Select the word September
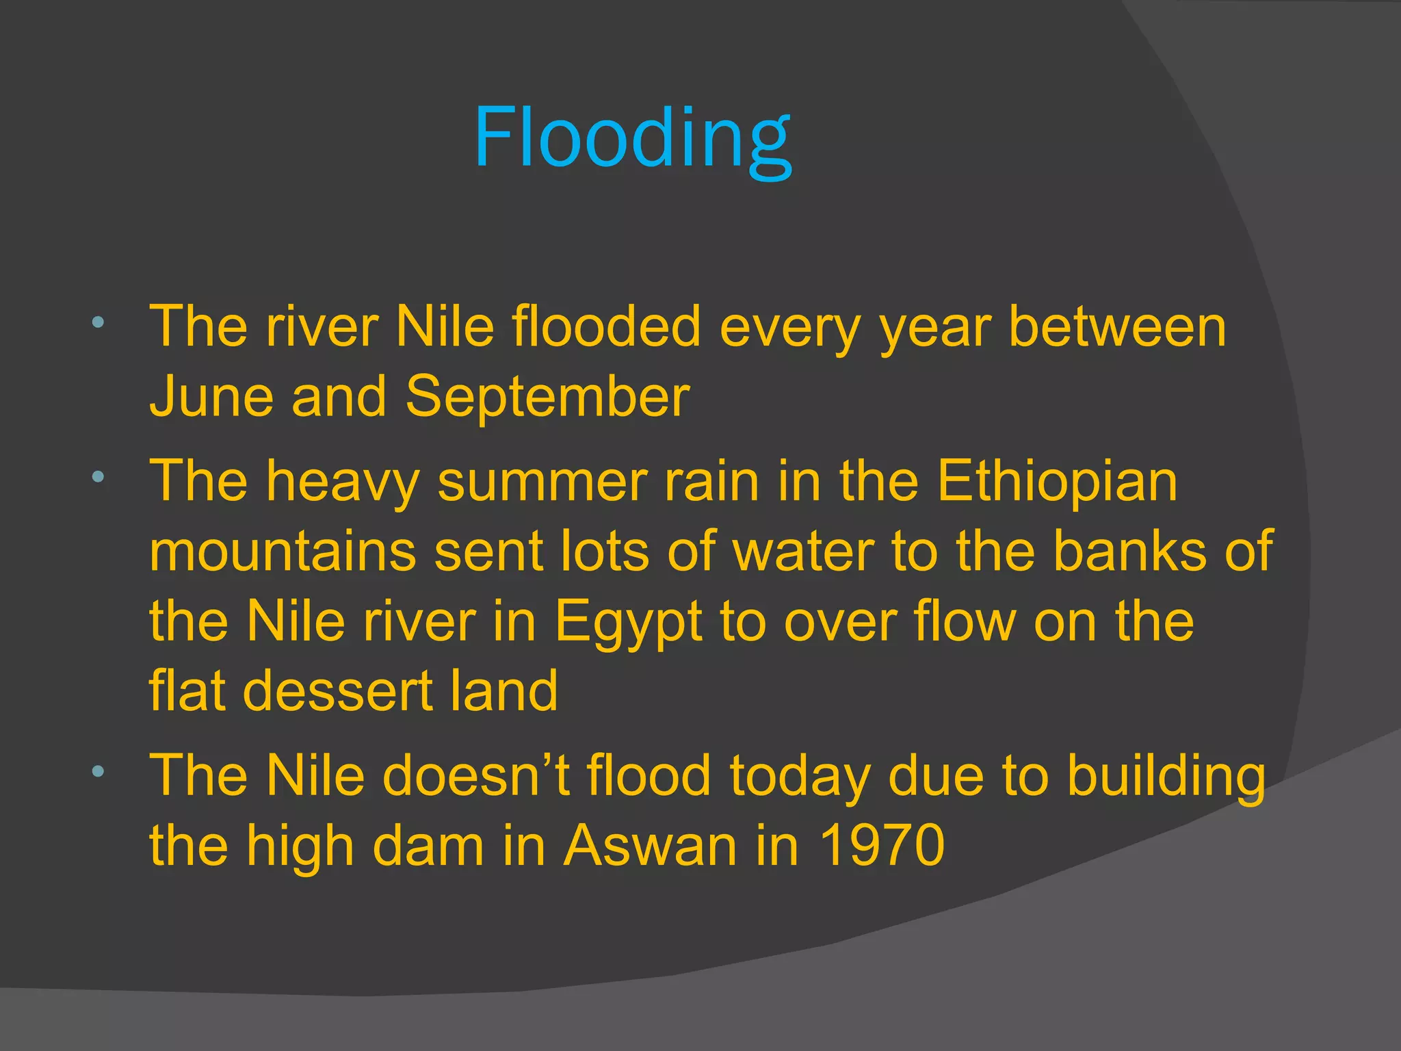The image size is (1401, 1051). tap(547, 397)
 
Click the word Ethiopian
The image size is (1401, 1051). tap(1057, 481)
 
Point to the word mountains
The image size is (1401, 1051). tap(283, 552)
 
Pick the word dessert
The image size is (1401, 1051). tap(337, 691)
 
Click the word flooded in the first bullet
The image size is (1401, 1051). tap(606, 326)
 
